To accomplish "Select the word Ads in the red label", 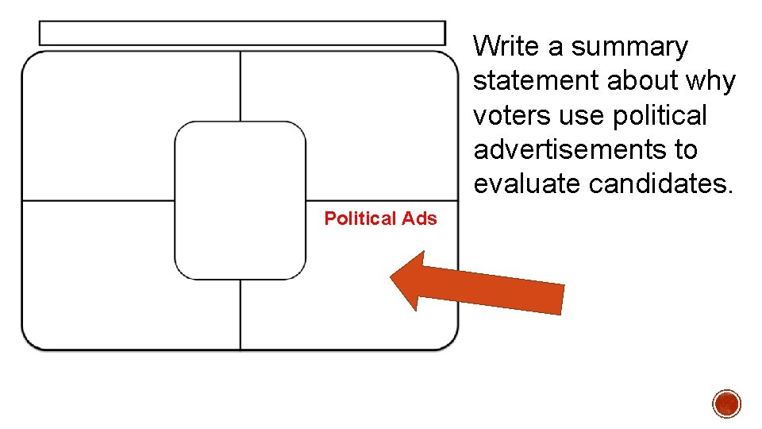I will click(420, 218).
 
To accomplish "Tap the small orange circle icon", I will click(726, 404).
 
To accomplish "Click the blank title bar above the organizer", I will click(242, 33).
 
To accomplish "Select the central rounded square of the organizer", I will click(240, 200).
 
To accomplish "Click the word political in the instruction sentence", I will click(660, 115).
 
